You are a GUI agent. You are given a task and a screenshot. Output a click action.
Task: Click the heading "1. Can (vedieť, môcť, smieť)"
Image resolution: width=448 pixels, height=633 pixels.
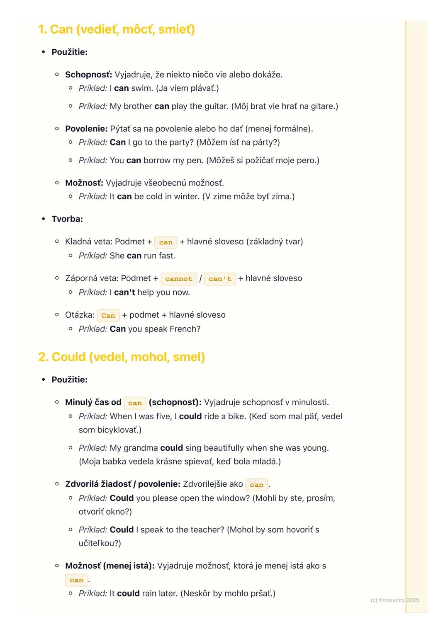116,30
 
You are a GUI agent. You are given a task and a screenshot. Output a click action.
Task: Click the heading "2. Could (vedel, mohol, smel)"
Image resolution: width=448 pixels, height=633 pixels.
121,357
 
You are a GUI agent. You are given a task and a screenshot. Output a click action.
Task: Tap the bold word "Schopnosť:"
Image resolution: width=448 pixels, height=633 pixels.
88,75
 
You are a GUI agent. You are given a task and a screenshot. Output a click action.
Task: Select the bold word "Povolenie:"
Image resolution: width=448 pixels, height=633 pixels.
86,129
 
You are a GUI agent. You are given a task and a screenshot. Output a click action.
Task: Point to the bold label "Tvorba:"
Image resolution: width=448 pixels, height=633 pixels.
67,219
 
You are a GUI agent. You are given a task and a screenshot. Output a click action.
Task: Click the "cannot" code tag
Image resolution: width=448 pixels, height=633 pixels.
179,279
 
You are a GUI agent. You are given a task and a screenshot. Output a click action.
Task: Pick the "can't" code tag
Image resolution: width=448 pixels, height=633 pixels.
220,279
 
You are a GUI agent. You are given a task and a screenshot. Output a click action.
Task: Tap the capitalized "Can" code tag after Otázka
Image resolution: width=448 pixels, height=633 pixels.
108,316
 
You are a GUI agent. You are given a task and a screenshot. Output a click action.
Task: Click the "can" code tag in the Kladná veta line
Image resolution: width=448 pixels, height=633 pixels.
166,242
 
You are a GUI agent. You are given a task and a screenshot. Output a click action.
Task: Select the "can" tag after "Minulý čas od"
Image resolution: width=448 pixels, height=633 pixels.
135,403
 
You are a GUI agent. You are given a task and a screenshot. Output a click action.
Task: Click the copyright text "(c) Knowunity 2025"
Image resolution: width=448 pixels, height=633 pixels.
394,600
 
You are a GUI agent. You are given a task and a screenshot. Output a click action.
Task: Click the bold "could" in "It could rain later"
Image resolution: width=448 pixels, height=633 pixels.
128,594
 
